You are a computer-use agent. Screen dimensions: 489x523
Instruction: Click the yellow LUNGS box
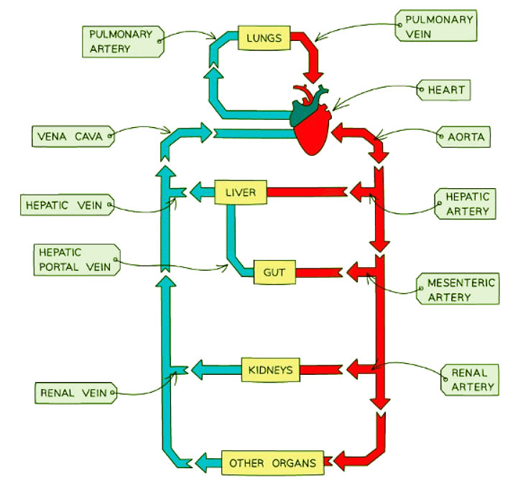tap(264, 38)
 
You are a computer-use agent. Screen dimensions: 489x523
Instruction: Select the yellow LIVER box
tap(241, 192)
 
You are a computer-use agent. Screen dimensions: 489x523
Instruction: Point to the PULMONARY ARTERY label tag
tap(121, 41)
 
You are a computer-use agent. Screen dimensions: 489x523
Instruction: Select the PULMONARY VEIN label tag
tap(435, 27)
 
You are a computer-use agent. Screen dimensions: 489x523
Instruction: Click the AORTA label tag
tap(464, 136)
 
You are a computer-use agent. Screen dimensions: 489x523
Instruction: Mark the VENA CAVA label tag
tap(72, 136)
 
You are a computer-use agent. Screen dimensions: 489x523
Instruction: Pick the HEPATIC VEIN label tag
tap(66, 205)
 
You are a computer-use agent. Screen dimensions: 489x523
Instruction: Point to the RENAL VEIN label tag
tap(73, 393)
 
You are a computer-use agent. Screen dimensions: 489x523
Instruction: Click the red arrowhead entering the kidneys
tap(356, 370)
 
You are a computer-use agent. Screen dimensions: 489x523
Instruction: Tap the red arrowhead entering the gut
tap(355, 272)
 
